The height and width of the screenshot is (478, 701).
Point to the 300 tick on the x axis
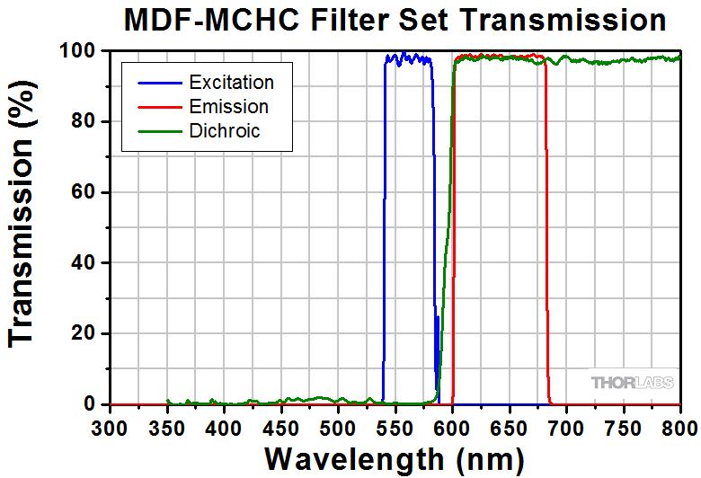pyautogui.click(x=110, y=428)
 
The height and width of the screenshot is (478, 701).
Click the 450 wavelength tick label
pyautogui.click(x=281, y=428)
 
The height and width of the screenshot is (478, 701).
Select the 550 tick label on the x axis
pyautogui.click(x=395, y=428)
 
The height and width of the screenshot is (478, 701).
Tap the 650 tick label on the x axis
pyautogui.click(x=510, y=428)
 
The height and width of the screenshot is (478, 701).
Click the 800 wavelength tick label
pyautogui.click(x=680, y=428)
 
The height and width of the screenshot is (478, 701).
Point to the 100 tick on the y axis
pyautogui.click(x=78, y=51)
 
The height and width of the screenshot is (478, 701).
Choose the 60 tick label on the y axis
pyautogui.click(x=84, y=192)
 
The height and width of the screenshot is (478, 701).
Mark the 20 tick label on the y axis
pyautogui.click(x=84, y=334)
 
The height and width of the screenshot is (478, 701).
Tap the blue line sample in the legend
pyautogui.click(x=158, y=83)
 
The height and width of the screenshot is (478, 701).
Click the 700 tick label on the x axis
pyautogui.click(x=566, y=428)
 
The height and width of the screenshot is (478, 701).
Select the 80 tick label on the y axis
pyautogui.click(x=84, y=121)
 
